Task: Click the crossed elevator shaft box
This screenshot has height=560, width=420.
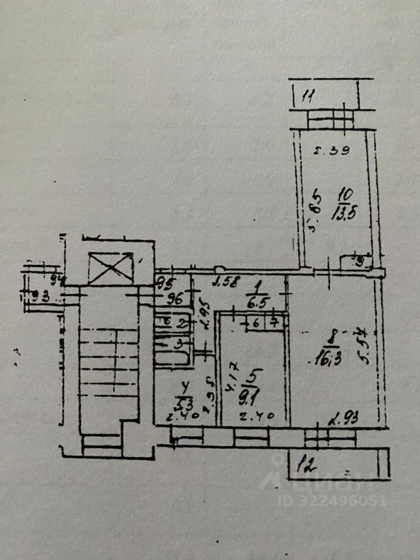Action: click(111, 268)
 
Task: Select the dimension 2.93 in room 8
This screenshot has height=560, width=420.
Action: click(344, 418)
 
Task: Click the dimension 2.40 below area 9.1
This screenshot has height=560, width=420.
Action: click(251, 418)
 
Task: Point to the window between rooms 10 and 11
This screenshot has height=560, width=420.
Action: click(330, 120)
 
